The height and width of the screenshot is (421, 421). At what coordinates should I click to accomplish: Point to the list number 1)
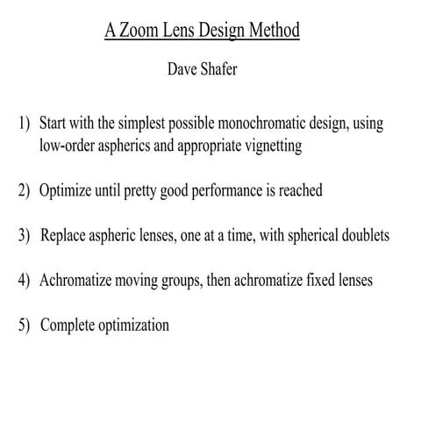[x=25, y=124]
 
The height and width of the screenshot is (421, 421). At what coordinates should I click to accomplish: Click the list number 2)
[x=25, y=190]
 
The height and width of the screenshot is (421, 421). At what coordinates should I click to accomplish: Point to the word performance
[x=227, y=190]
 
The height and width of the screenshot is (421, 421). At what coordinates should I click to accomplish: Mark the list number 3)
[x=25, y=236]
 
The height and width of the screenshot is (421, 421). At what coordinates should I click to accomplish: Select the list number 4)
[x=25, y=281]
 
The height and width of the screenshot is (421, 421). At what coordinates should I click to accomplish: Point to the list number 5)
[x=25, y=325]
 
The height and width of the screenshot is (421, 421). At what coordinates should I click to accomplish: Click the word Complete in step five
[x=69, y=325]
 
